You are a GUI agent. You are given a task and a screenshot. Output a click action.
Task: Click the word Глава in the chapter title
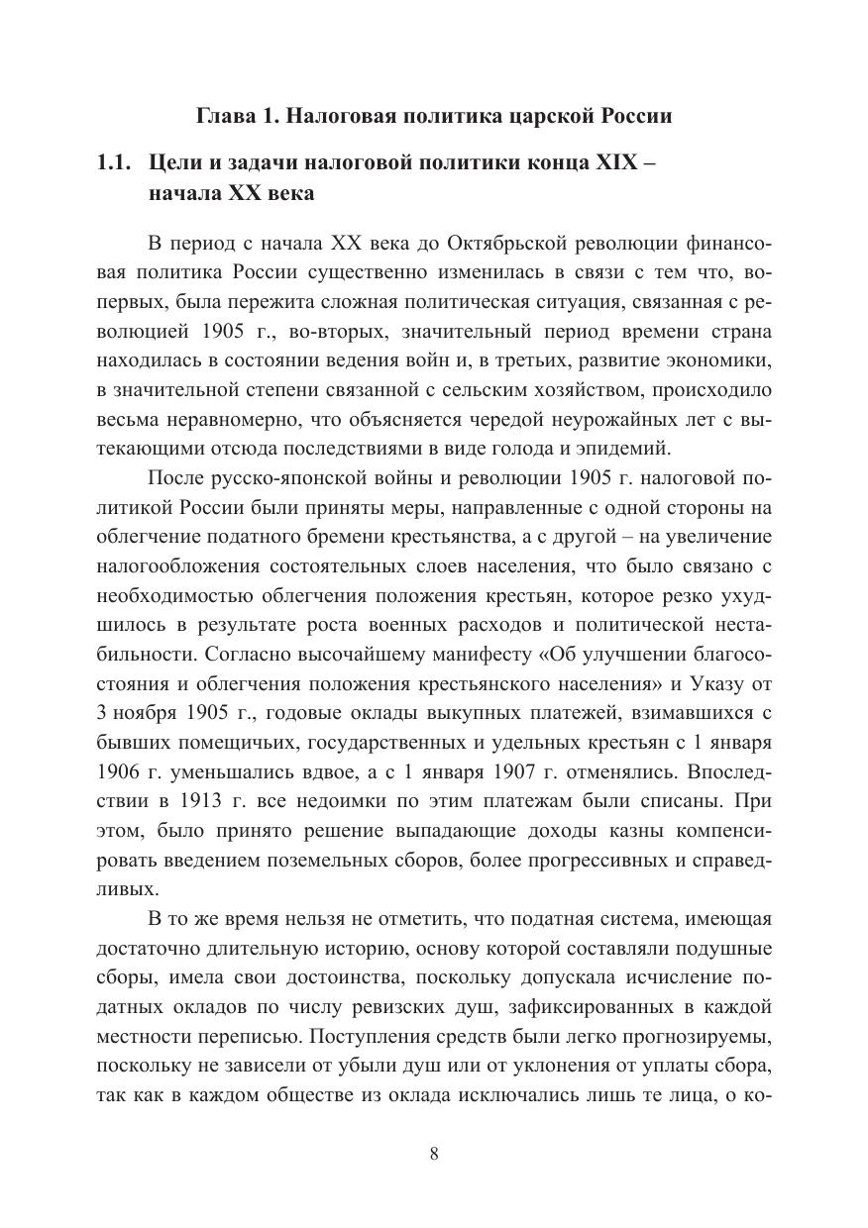(x=225, y=117)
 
